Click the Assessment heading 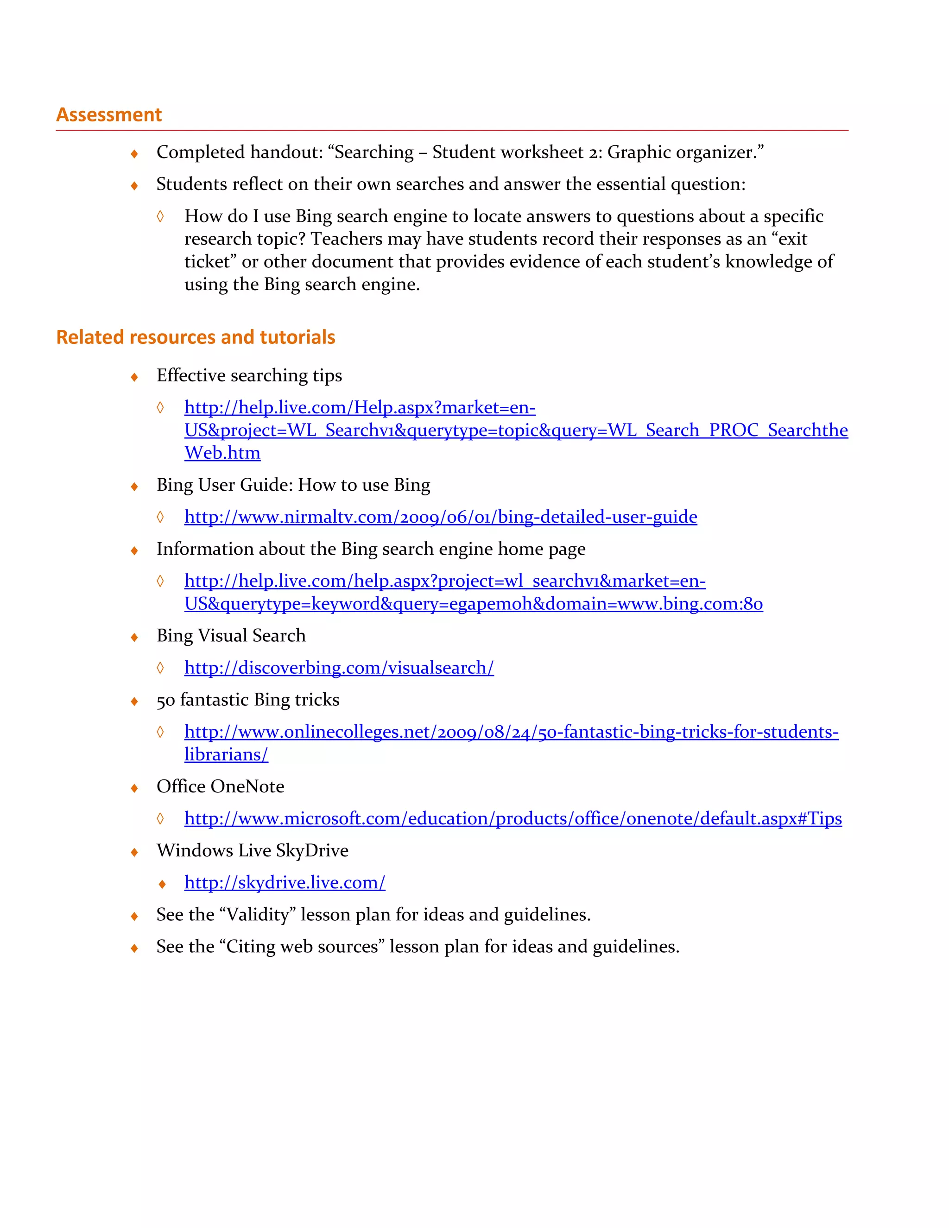(x=108, y=115)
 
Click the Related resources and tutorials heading (x=196, y=337)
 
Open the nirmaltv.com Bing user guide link (x=440, y=517)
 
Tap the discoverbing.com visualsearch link (x=339, y=667)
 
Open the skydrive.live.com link (x=285, y=882)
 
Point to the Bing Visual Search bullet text (x=231, y=635)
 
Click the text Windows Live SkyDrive (x=253, y=850)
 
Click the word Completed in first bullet (x=200, y=152)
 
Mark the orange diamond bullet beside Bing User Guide (x=134, y=487)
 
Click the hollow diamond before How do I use (x=160, y=216)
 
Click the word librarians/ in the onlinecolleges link (x=226, y=754)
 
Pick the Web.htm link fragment (x=222, y=453)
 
